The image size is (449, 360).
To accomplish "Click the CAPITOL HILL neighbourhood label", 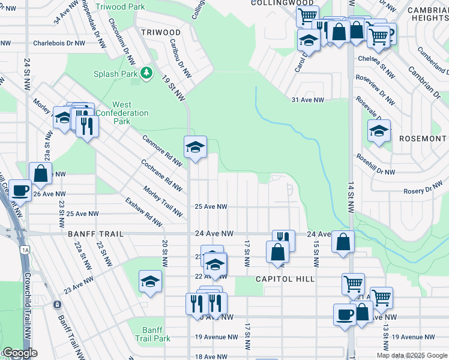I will click(285, 279).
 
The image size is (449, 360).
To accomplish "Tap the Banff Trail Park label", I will click(157, 334).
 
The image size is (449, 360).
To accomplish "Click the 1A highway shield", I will click(25, 249).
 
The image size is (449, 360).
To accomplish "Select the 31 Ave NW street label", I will click(307, 100).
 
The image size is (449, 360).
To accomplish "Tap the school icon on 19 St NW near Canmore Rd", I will click(195, 147).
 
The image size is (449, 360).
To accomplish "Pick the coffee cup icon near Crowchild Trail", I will click(20, 190).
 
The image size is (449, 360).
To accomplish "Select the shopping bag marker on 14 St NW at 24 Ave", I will click(343, 242).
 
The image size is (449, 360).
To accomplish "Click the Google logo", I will click(20, 353).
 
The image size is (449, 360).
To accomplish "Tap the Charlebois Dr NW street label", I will click(59, 43).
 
